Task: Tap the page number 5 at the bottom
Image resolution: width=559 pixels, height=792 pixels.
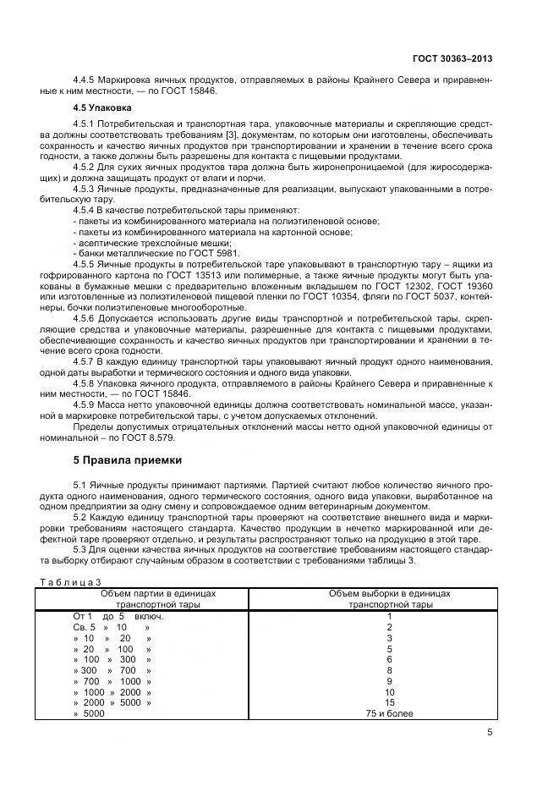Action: pyautogui.click(x=490, y=734)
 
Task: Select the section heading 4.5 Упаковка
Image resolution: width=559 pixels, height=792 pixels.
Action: pyautogui.click(x=102, y=108)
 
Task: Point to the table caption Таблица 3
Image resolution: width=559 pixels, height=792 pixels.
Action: pyautogui.click(x=71, y=581)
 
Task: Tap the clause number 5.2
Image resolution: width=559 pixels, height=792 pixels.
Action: pyautogui.click(x=83, y=517)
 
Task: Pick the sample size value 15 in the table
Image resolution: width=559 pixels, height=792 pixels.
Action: pyautogui.click(x=389, y=703)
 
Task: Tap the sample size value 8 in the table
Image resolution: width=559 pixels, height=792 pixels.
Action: pyautogui.click(x=389, y=670)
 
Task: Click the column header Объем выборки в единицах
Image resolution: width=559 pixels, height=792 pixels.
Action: pyautogui.click(x=389, y=593)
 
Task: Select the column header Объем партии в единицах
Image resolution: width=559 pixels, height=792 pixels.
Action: pyautogui.click(x=158, y=593)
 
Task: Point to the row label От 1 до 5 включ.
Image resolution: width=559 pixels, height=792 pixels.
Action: pyautogui.click(x=118, y=616)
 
